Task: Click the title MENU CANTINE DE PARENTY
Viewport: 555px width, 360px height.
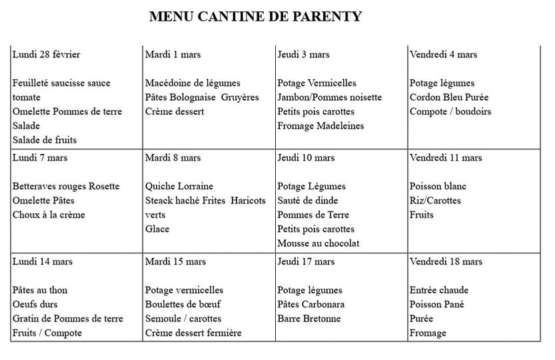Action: coord(256,17)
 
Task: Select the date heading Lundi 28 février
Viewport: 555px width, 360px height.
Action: coord(46,55)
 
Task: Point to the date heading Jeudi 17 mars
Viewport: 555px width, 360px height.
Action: coord(306,261)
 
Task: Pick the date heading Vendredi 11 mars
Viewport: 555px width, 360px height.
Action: coord(446,158)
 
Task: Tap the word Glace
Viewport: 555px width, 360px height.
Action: coord(157,229)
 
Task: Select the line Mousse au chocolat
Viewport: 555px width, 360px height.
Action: coord(318,243)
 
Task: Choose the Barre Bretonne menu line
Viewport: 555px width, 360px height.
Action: coord(309,319)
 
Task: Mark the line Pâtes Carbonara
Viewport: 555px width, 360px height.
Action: coord(311,305)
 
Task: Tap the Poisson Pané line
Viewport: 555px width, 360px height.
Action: coord(436,305)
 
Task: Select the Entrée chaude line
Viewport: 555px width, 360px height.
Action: coord(439,291)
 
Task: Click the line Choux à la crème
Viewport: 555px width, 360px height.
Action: coord(49,215)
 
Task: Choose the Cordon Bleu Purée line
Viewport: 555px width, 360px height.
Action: coord(449,97)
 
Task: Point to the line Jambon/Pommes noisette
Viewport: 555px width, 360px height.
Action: coord(330,97)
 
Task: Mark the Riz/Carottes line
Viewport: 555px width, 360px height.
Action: coord(435,201)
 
